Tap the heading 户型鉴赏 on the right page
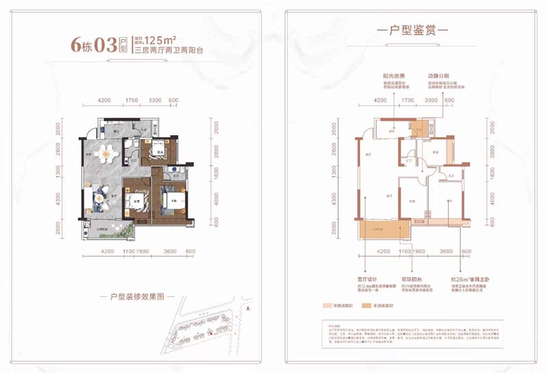[x=412, y=31]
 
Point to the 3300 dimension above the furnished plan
[x=155, y=101]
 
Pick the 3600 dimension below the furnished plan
[x=169, y=252]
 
